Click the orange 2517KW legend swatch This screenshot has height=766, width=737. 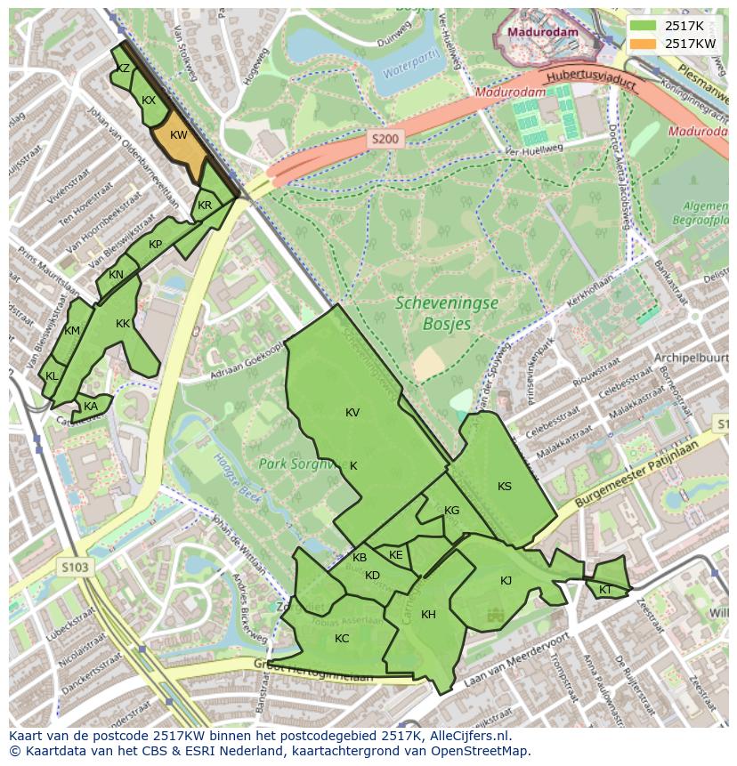point(644,44)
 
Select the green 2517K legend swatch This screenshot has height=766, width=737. point(644,26)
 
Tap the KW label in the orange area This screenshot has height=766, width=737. point(178,135)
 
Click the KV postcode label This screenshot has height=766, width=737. point(352,413)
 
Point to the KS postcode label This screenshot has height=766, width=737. point(505,487)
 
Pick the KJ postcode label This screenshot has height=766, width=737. point(506,581)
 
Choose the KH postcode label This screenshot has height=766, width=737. point(428,615)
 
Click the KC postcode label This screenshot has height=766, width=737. point(342,639)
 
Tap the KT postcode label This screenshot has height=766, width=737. point(605,590)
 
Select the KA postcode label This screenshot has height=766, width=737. point(91,407)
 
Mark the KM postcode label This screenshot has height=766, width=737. point(73,332)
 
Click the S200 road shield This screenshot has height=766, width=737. point(385,139)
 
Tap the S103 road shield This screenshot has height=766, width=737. point(77,566)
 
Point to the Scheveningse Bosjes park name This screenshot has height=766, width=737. point(447,312)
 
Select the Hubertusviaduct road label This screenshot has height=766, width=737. point(592,81)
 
